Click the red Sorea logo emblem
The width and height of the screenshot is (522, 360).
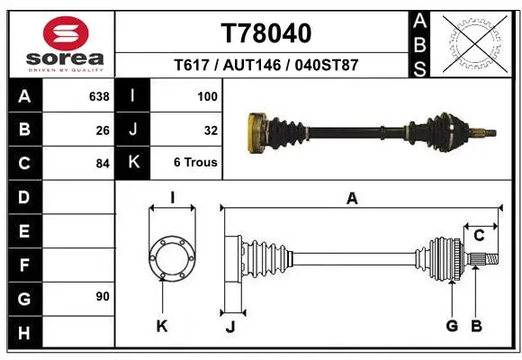tap(66, 33)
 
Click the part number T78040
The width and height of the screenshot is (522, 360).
tap(266, 33)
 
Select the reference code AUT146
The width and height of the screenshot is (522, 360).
tap(252, 65)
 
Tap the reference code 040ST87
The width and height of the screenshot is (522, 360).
tap(326, 65)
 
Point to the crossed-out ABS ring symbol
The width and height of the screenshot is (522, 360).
tap(475, 43)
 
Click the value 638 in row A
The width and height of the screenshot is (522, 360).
tap(99, 96)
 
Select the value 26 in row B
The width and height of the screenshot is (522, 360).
tap(103, 130)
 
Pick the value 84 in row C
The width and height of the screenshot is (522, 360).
tap(103, 164)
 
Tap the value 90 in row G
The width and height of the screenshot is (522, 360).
tap(103, 296)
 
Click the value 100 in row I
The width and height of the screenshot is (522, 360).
tap(207, 96)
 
